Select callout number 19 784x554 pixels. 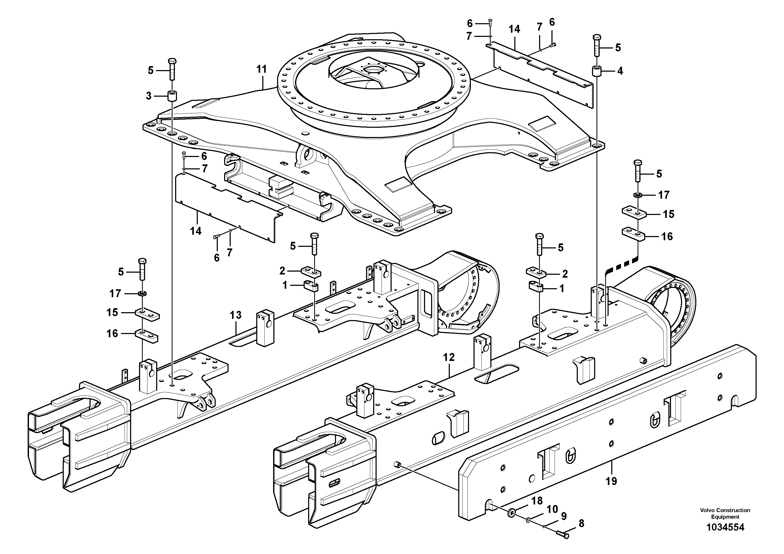611,481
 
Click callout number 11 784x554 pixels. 261,69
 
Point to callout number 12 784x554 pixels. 449,357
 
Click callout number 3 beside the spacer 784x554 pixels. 149,96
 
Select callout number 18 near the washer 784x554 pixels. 537,501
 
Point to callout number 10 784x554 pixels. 552,509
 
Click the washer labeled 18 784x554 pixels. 511,512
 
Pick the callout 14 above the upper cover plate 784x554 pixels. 514,30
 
